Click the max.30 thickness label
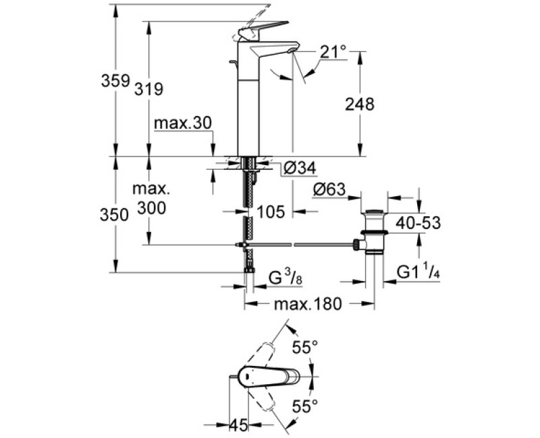click(183, 123)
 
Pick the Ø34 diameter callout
click(300, 168)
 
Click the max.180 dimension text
click(308, 305)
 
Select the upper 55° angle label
click(304, 348)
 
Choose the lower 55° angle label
click(304, 406)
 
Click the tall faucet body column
click(248, 108)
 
